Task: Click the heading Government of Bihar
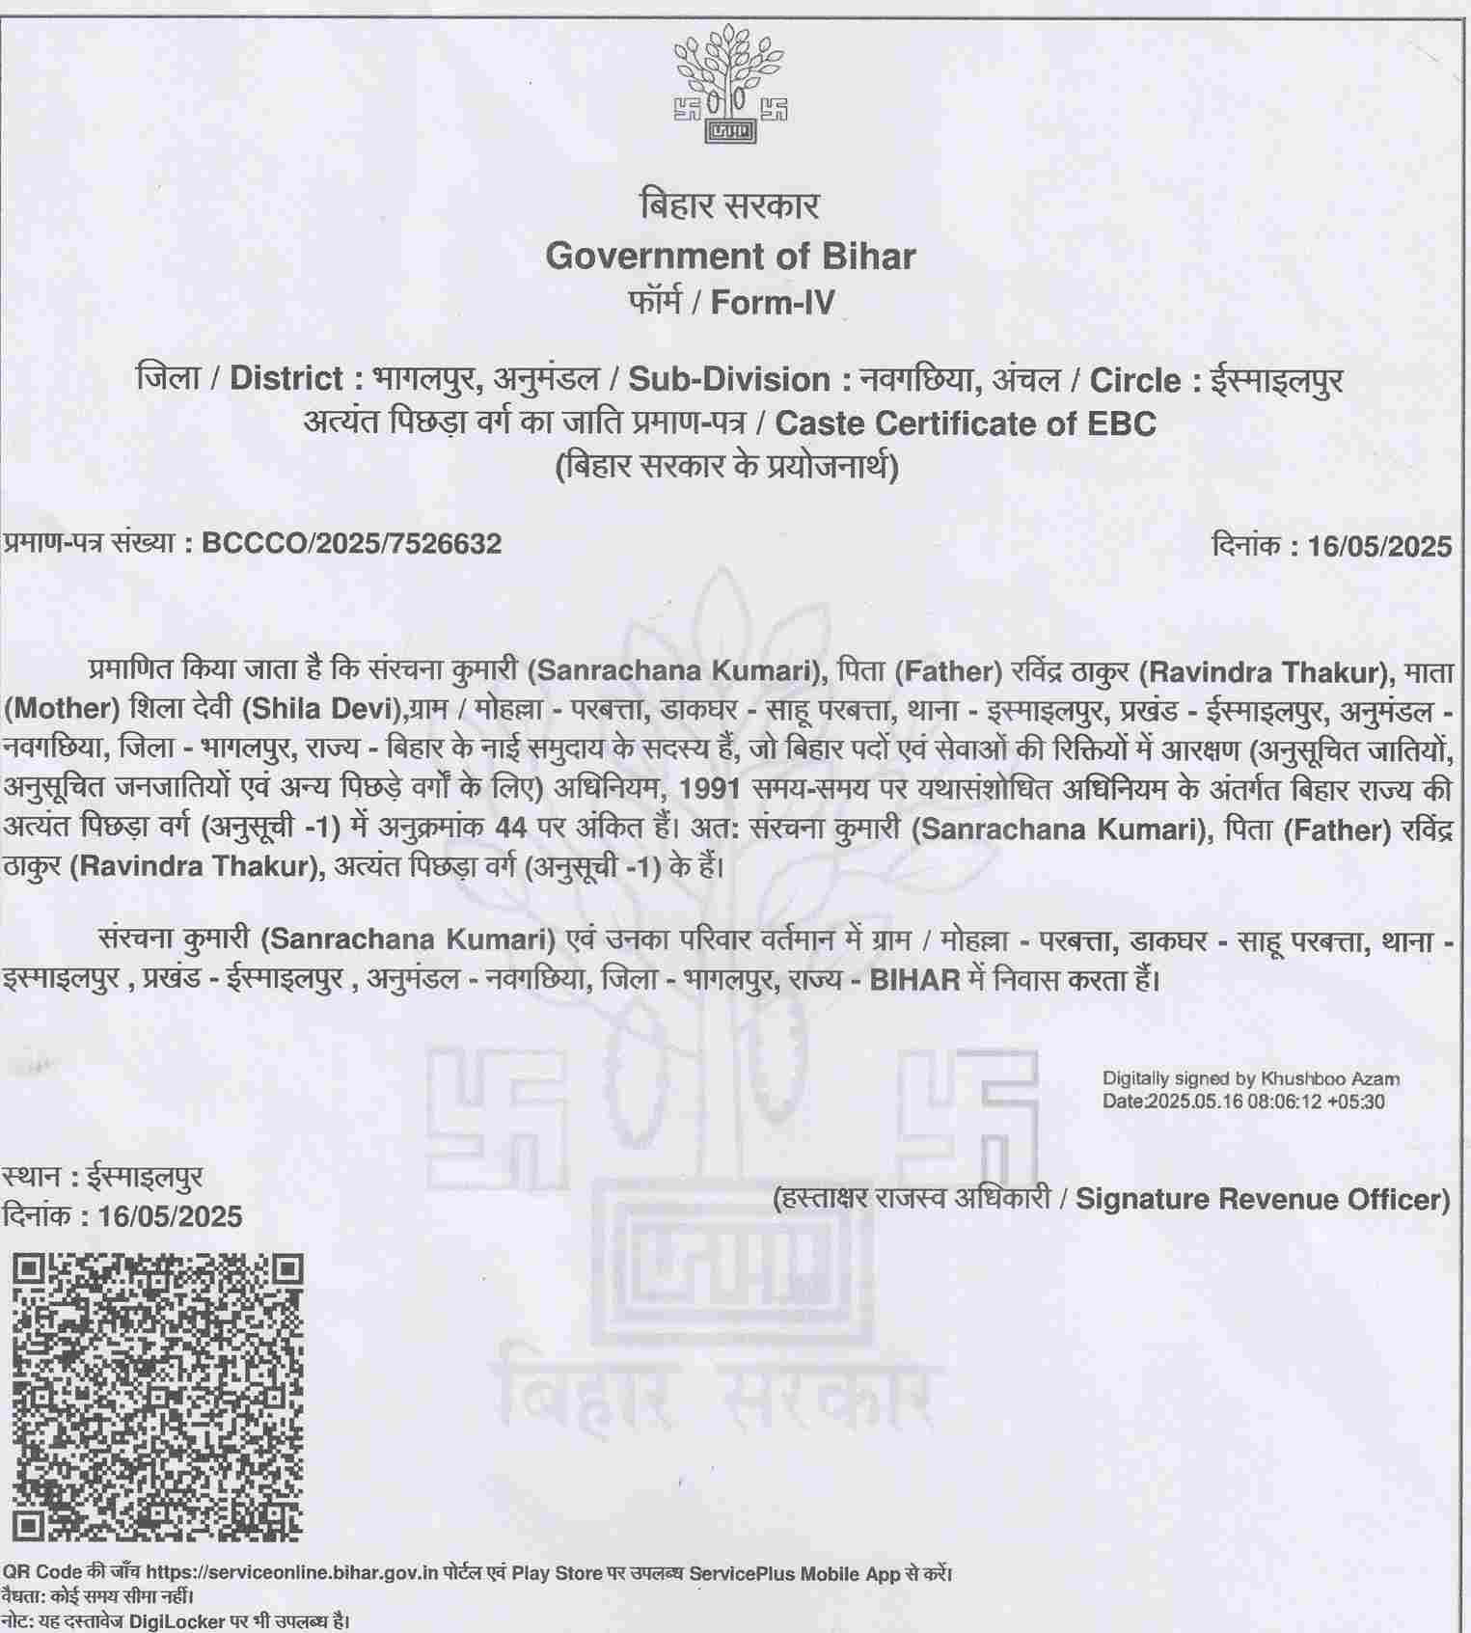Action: (x=730, y=257)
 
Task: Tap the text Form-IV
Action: (x=773, y=303)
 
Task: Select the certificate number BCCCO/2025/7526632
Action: (x=351, y=544)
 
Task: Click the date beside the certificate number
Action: (x=1379, y=547)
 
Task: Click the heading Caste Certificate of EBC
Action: (x=966, y=423)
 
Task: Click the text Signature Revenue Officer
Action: (x=1262, y=1200)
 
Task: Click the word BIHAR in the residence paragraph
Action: (x=915, y=981)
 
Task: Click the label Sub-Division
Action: (x=729, y=380)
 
